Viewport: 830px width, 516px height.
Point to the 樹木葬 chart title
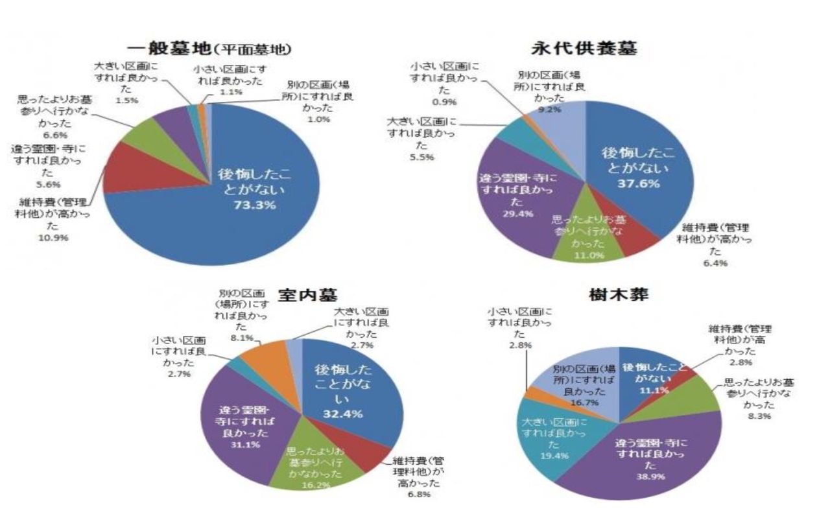(616, 295)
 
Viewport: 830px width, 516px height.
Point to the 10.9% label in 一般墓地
(58, 237)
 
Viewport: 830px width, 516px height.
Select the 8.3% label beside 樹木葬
(758, 416)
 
